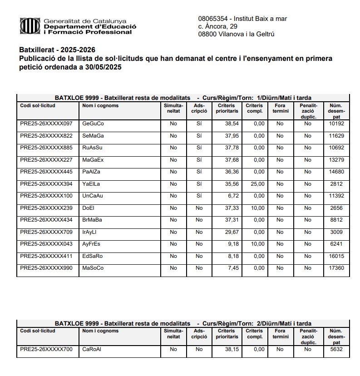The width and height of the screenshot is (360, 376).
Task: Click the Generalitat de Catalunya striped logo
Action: [x=29, y=26]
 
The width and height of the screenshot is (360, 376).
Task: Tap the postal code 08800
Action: [x=207, y=34]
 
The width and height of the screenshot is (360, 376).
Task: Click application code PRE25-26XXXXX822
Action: [x=46, y=136]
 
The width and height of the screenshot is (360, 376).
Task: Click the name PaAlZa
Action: [x=91, y=172]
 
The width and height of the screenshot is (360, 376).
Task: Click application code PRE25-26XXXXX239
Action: [x=46, y=208]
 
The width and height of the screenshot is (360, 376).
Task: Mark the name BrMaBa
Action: [x=92, y=220]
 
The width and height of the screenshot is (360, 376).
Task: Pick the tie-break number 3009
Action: [x=336, y=232]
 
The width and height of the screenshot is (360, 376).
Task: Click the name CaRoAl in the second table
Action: [x=92, y=350]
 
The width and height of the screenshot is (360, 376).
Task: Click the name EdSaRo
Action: [x=93, y=256]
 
